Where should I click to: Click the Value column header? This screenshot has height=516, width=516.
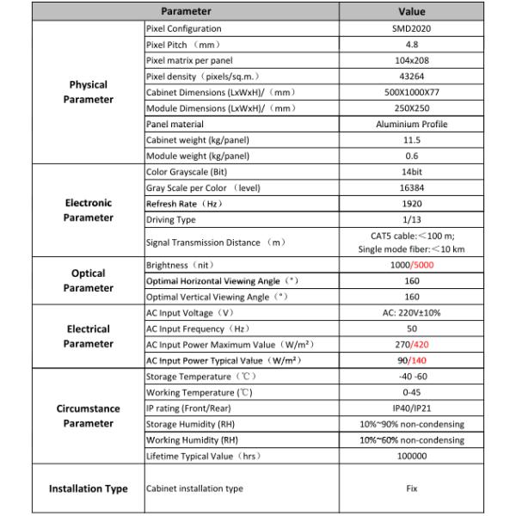[x=411, y=13]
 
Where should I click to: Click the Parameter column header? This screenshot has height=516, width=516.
[x=185, y=13]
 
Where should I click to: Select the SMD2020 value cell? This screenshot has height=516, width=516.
[x=411, y=29]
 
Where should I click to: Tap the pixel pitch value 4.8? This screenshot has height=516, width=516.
[x=411, y=45]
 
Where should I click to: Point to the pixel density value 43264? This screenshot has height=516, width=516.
[x=411, y=77]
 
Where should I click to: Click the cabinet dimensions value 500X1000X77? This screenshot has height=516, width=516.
[x=411, y=92]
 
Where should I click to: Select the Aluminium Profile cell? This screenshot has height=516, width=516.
[x=411, y=124]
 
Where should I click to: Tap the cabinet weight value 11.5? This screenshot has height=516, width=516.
[x=411, y=139]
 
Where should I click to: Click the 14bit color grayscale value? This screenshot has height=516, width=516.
[x=411, y=172]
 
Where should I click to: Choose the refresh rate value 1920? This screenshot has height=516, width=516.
[x=411, y=204]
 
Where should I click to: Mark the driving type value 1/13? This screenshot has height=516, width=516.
[x=411, y=219]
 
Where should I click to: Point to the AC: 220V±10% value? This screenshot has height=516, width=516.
[x=411, y=313]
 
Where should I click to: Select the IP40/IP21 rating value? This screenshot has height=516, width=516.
[x=411, y=408]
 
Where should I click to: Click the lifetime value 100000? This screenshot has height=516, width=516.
[x=411, y=455]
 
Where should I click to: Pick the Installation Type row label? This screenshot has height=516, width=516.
[x=89, y=488]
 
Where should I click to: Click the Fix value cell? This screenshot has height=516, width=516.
[x=411, y=488]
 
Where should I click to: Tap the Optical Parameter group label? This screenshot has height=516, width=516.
[x=89, y=280]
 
